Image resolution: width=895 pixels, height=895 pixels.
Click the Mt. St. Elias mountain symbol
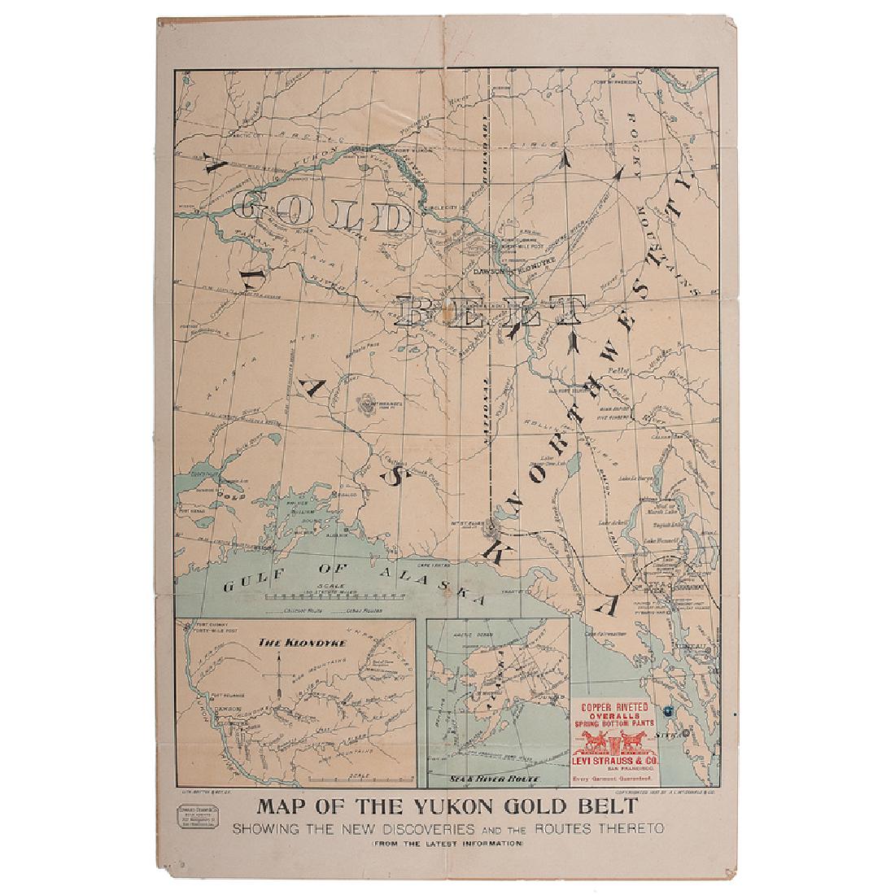(489, 527)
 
